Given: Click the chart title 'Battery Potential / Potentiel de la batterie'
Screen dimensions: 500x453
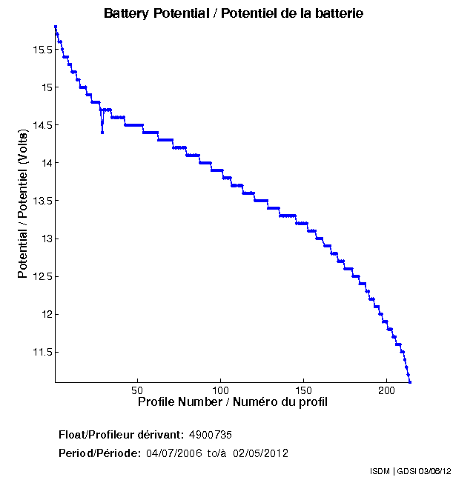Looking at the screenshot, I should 234,13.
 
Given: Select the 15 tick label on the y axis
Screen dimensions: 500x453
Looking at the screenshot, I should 44,87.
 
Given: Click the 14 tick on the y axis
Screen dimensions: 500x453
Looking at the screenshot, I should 44,163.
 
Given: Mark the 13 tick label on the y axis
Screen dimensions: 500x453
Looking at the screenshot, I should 44,239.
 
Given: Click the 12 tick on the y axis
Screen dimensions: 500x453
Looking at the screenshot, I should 44,314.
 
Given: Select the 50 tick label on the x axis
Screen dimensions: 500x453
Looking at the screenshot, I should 137,390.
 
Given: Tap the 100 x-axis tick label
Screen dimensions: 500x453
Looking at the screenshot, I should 220,390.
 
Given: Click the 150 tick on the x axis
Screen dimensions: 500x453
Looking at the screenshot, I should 303,390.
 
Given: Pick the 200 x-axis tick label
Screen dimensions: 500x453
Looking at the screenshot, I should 386,390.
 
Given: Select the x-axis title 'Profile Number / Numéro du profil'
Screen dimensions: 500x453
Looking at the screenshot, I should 233,402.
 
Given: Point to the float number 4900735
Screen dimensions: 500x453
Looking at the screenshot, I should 211,434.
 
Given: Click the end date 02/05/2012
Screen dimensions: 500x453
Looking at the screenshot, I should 261,453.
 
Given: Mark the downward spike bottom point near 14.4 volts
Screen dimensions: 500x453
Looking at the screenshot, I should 102,133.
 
